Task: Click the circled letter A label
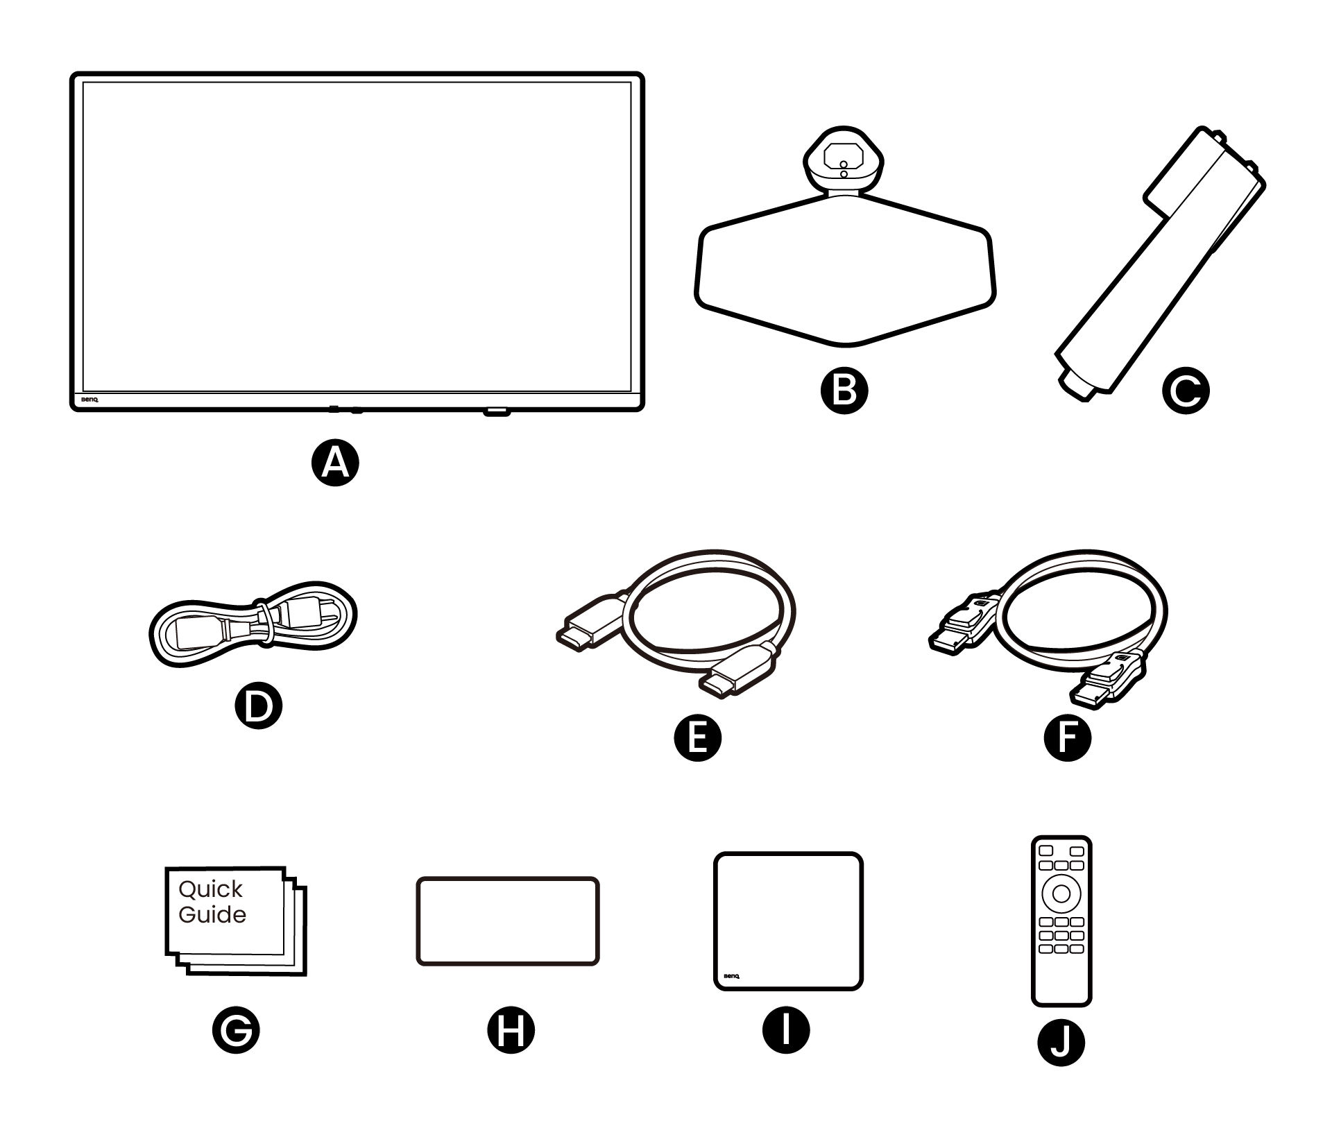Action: [335, 463]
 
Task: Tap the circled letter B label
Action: [843, 390]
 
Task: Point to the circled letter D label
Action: [258, 705]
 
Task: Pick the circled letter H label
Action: [511, 1030]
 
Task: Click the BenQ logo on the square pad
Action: [731, 975]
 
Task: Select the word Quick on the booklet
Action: [210, 890]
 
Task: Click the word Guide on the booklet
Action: [212, 915]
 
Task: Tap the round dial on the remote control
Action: [1061, 893]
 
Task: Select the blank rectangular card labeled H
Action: [507, 921]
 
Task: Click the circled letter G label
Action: [236, 1030]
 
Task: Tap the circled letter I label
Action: [786, 1030]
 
